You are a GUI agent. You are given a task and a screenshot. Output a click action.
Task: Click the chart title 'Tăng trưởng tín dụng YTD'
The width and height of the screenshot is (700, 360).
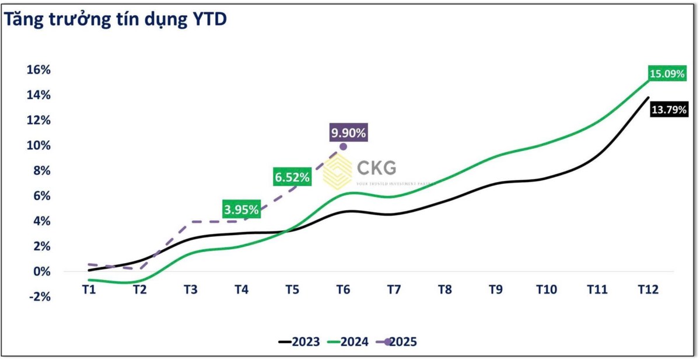(x=116, y=20)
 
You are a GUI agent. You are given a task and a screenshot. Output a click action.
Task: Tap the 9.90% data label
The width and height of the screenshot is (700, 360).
(x=348, y=133)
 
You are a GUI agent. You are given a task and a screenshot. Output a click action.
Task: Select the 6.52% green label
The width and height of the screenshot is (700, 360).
(x=291, y=177)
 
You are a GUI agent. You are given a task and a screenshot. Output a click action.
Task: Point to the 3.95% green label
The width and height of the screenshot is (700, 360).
(x=242, y=209)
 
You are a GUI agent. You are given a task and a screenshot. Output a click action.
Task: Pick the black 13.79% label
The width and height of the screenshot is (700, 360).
(x=669, y=109)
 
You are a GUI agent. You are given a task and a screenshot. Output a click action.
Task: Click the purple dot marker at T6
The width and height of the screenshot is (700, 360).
(x=343, y=146)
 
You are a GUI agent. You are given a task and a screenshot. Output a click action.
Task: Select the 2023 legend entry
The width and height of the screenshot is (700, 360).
(x=299, y=342)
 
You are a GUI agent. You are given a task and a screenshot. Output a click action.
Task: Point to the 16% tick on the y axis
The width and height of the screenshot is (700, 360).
(x=39, y=69)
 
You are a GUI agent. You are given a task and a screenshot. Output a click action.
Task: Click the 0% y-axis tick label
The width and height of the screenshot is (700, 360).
(x=43, y=271)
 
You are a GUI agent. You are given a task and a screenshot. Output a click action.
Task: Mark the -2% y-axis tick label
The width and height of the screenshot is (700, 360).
(x=39, y=296)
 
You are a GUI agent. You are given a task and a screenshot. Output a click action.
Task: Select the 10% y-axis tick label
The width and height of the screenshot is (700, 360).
(x=39, y=145)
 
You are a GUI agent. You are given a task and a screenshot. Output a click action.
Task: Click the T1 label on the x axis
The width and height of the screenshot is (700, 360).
(x=89, y=290)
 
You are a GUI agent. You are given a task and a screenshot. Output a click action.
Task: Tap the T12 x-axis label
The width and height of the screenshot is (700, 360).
(x=648, y=290)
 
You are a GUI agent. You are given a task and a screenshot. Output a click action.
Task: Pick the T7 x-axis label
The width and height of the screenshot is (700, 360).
(x=394, y=290)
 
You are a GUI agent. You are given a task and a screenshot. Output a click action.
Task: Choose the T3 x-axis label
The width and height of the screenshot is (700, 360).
(x=190, y=290)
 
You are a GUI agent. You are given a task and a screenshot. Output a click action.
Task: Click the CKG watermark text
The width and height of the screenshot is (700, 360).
(x=376, y=168)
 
